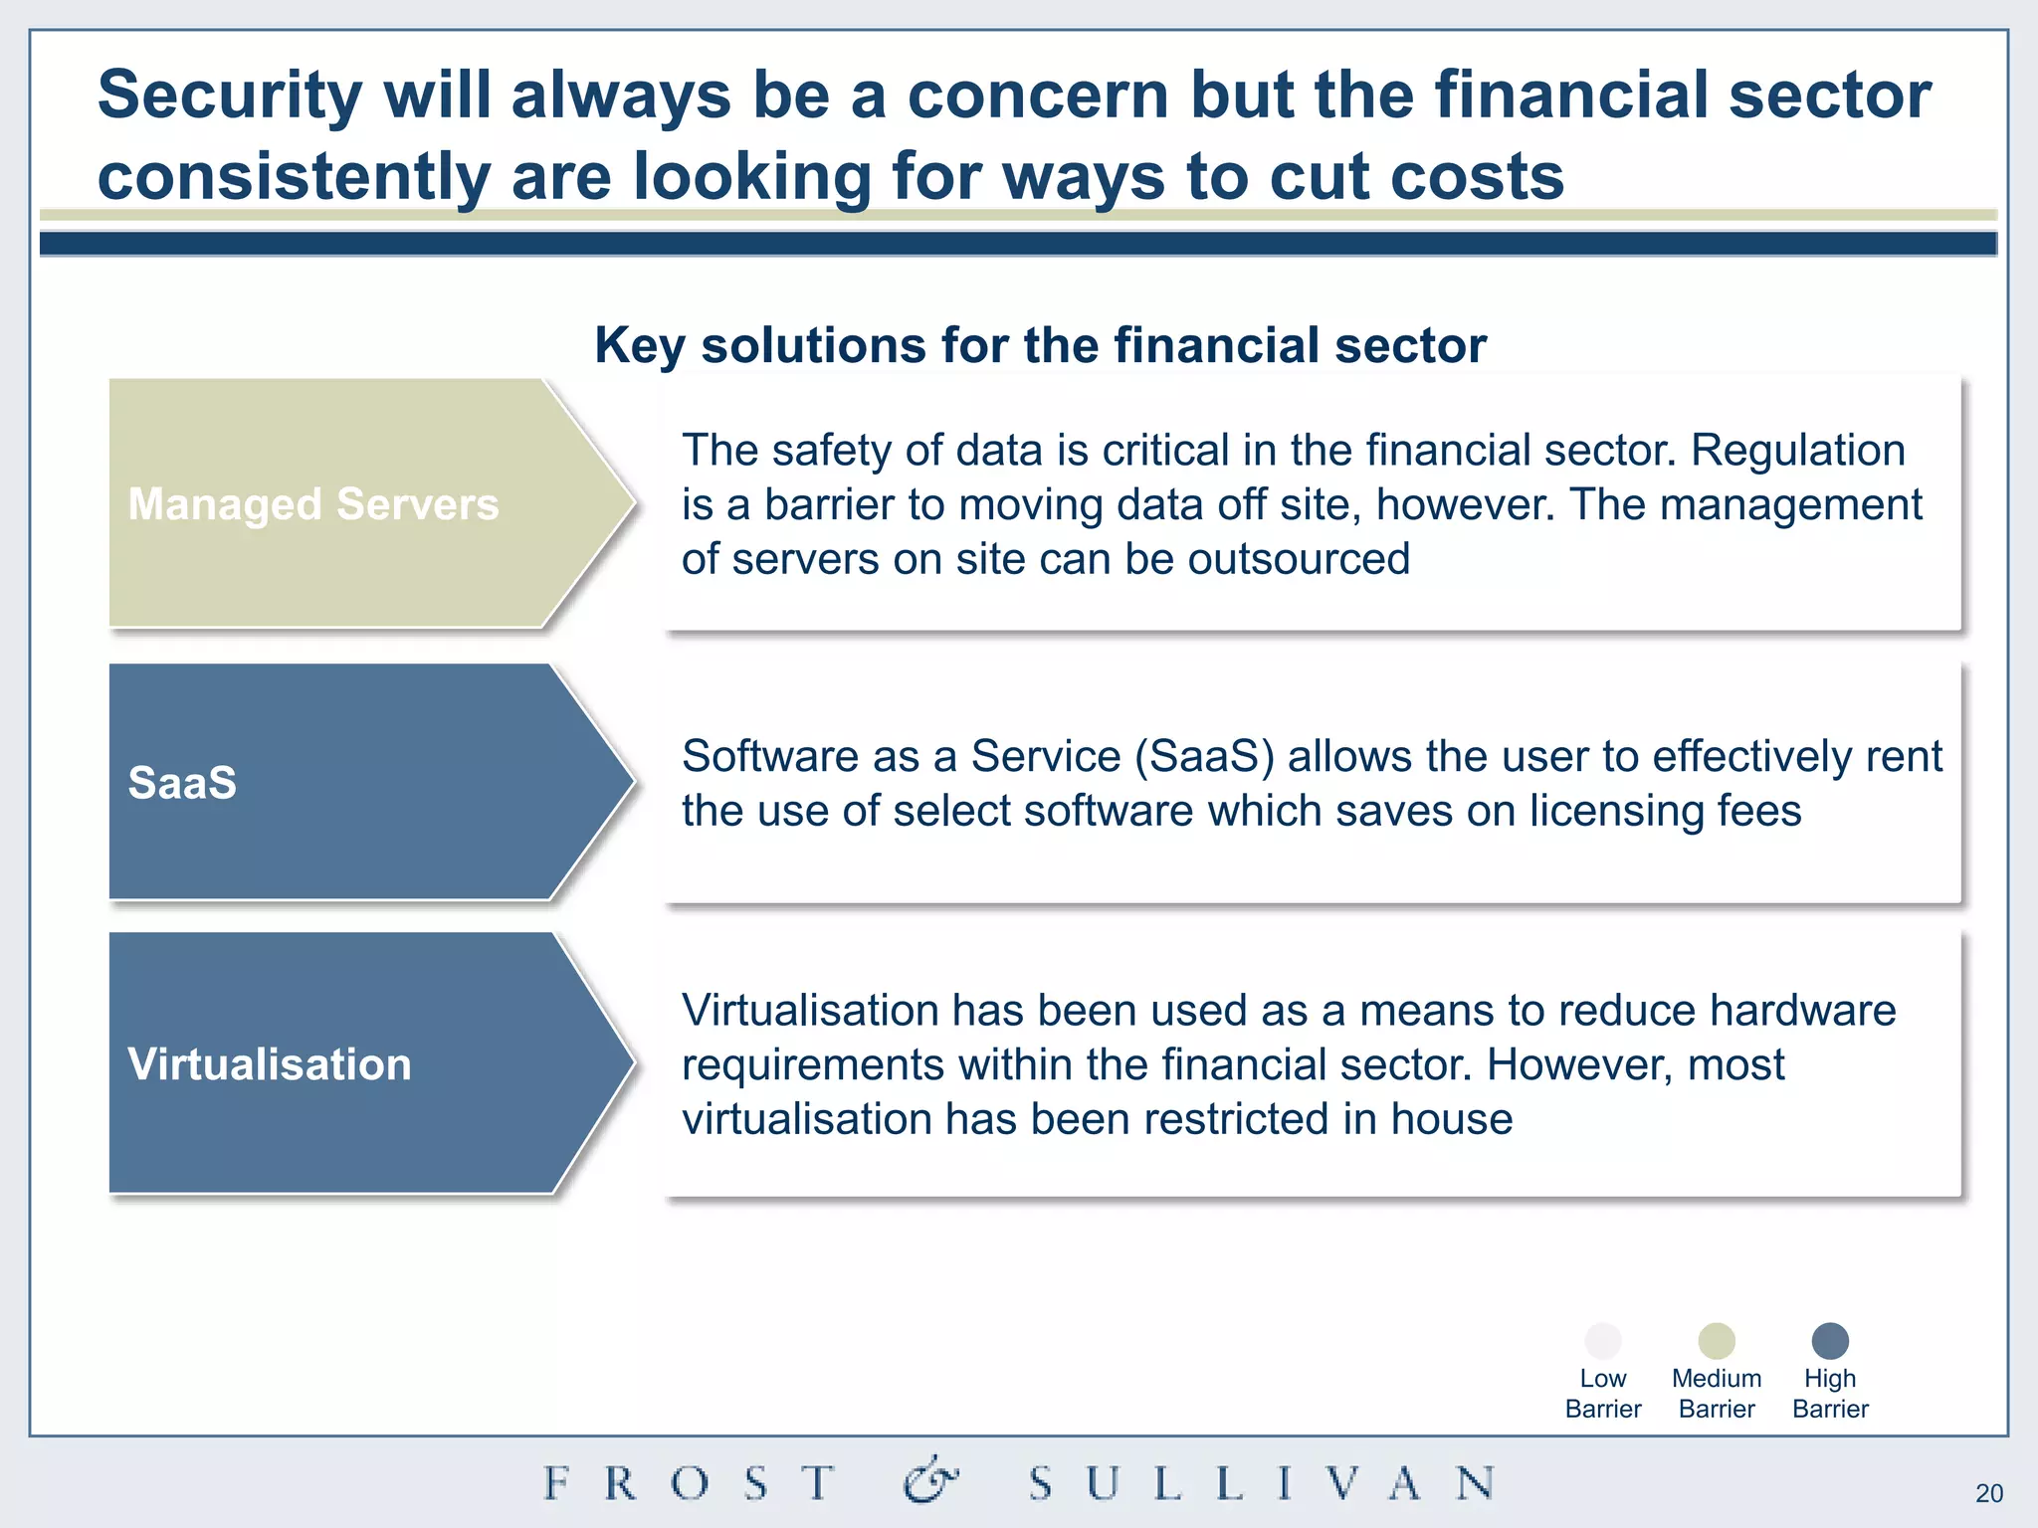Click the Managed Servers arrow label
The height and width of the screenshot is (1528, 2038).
click(313, 504)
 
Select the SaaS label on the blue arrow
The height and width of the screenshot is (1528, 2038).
click(182, 783)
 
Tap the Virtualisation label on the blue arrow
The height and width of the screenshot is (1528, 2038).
click(270, 1064)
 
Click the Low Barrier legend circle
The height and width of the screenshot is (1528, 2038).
click(1603, 1340)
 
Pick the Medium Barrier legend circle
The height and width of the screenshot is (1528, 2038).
click(1717, 1340)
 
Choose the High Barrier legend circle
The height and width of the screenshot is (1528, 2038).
click(1830, 1340)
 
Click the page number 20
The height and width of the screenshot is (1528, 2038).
click(1989, 1493)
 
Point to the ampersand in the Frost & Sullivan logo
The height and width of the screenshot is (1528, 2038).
click(930, 1481)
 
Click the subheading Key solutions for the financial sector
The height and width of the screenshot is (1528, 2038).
click(1040, 345)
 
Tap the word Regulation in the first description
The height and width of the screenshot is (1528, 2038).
click(1797, 451)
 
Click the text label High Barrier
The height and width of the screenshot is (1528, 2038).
click(1830, 1393)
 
